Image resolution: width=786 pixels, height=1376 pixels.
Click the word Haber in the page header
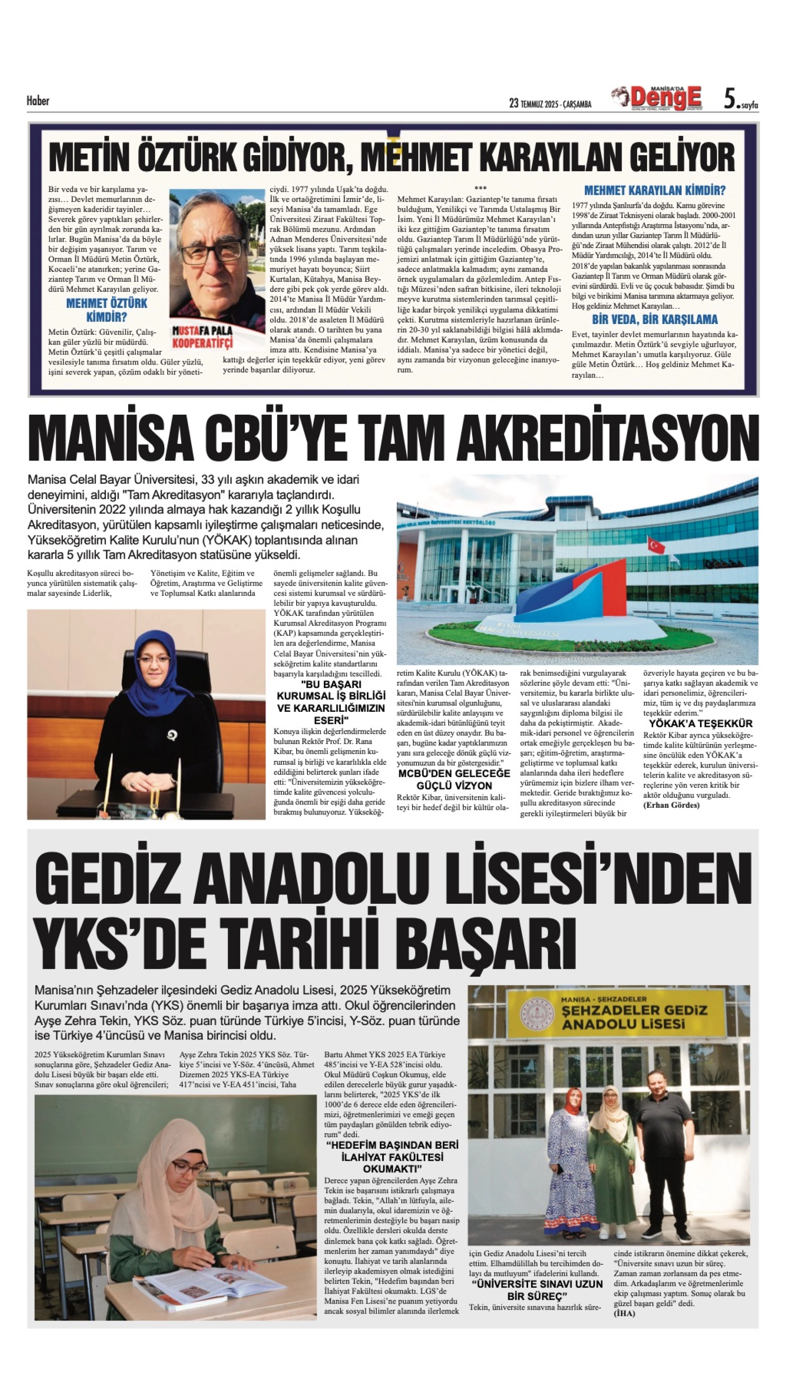(38, 101)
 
